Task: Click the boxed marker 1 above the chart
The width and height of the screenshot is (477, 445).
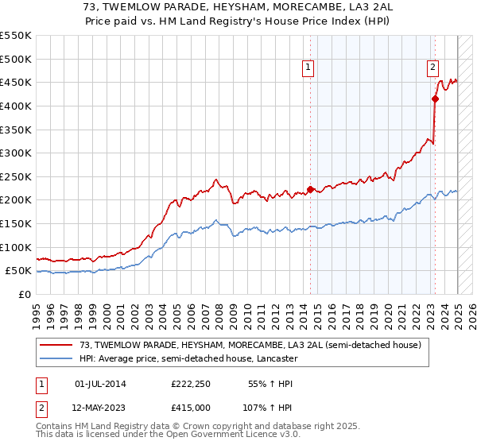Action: pyautogui.click(x=308, y=68)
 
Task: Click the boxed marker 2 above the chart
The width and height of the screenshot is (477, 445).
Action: pyautogui.click(x=433, y=68)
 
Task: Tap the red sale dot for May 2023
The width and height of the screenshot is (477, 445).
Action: pyautogui.click(x=435, y=99)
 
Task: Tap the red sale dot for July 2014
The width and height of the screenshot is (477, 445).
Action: pyautogui.click(x=310, y=189)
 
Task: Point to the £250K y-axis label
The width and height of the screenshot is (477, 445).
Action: pyautogui.click(x=16, y=176)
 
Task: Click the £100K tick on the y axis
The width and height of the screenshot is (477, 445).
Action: pyautogui.click(x=16, y=247)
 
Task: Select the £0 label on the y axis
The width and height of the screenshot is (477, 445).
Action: pyautogui.click(x=24, y=294)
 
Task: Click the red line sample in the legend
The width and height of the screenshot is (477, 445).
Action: pyautogui.click(x=57, y=345)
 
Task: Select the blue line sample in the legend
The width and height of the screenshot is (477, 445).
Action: pyautogui.click(x=57, y=358)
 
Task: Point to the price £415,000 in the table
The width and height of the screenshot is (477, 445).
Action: pyautogui.click(x=191, y=407)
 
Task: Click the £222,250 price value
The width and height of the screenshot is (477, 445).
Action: pyautogui.click(x=191, y=384)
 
